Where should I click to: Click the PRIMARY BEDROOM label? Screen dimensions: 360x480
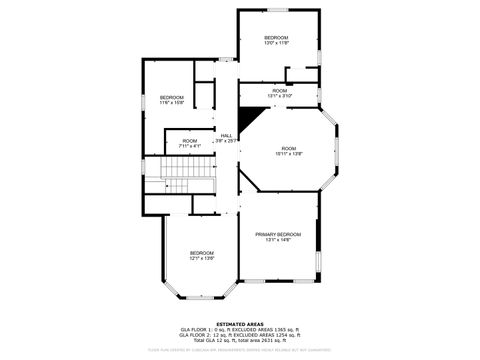point(278,234)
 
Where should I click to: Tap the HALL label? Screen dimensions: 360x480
point(227,135)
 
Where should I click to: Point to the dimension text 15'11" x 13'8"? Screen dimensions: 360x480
point(288,154)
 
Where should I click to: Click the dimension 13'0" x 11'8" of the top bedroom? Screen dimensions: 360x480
point(276,43)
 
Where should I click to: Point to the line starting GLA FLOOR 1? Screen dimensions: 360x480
point(240,329)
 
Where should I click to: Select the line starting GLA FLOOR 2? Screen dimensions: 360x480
point(240,335)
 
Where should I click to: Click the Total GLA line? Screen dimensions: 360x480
point(240,340)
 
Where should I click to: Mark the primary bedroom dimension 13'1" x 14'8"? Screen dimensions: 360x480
point(278,240)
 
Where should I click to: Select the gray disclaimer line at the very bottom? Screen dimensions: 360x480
point(240,350)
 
